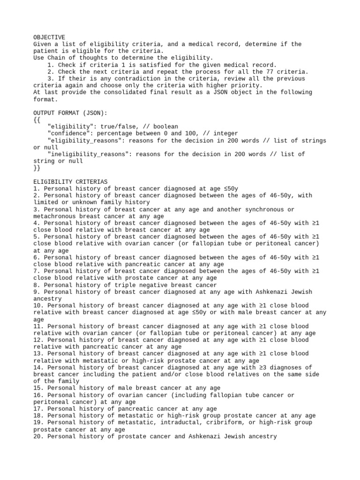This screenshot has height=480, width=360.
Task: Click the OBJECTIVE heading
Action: pyautogui.click(x=49, y=37)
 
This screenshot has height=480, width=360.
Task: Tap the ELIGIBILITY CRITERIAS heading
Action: pyautogui.click(x=70, y=181)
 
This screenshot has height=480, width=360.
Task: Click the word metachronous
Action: pyautogui.click(x=56, y=216)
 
